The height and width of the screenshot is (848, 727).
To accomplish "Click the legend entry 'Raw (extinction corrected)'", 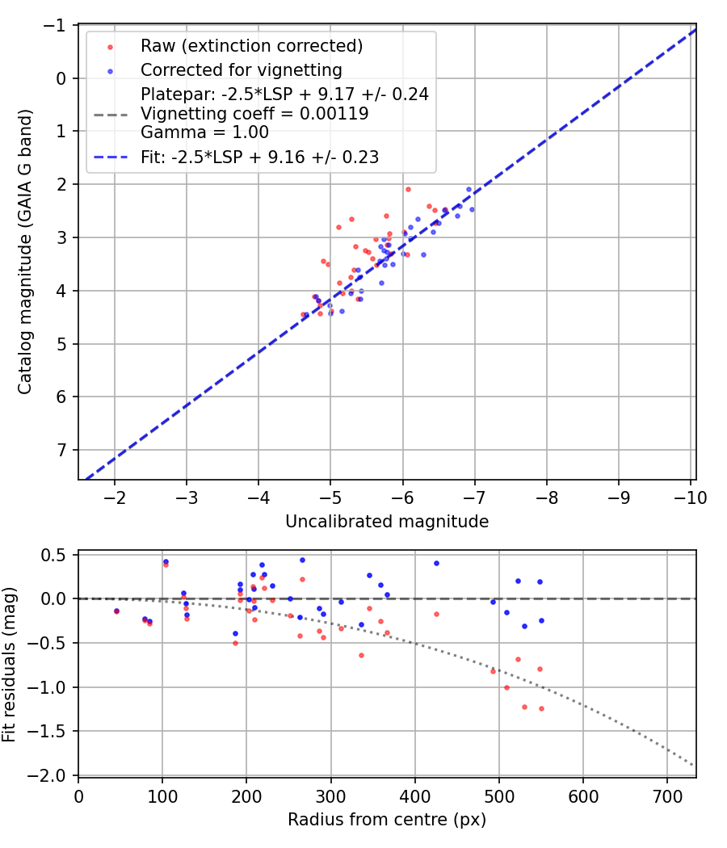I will point(251,46).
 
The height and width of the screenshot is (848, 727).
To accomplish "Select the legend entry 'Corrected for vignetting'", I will point(242,70).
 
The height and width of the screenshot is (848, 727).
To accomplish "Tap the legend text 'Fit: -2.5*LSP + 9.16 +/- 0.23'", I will point(259,157).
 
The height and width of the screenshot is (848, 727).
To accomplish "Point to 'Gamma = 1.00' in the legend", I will point(204,132).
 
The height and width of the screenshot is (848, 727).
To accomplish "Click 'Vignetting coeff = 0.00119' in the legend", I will point(254,114).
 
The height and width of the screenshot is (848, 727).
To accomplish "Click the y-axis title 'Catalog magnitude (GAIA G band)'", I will point(26,254).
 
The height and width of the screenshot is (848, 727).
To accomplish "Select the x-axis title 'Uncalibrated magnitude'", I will point(387,522).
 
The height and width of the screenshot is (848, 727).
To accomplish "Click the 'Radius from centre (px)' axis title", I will point(387,819).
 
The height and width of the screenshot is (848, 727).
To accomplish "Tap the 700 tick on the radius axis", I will point(667,796).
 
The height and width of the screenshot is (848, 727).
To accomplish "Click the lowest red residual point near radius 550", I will point(541,708).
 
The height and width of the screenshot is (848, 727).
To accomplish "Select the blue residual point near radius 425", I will point(436,563).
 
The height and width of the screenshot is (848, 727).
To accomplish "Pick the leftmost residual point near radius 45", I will point(116,611).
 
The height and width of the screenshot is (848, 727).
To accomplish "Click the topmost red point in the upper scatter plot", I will point(408,189).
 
